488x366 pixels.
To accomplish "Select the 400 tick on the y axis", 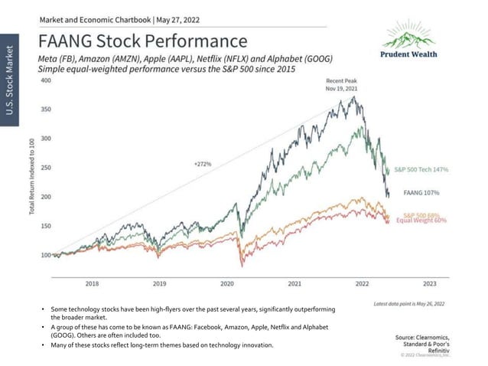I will pos(45,80).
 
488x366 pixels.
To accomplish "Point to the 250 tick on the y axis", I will pos(45,168).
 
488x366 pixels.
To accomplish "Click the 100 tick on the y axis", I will pos(45,255).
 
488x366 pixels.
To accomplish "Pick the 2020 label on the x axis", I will pos(226,283).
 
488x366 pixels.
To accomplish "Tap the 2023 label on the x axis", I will pos(429,283).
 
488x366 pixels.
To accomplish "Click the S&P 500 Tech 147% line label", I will pos(421,169).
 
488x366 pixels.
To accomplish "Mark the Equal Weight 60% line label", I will pos(421,221).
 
